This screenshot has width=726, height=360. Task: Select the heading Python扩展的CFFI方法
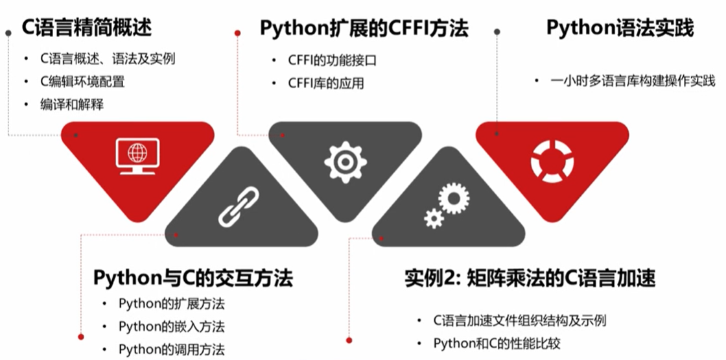[364, 29]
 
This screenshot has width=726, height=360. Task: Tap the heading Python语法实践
[620, 28]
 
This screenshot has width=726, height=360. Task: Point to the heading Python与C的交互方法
[193, 278]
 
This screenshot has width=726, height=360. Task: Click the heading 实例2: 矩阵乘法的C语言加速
[530, 278]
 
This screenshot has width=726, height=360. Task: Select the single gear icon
[345, 161]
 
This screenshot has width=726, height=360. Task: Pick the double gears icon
[446, 205]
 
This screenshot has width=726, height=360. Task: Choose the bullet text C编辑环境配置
[82, 82]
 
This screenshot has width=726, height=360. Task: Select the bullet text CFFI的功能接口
[333, 60]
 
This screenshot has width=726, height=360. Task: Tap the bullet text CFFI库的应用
[326, 83]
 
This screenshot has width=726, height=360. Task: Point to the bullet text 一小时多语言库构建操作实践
[633, 81]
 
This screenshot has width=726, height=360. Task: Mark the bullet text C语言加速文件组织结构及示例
[521, 320]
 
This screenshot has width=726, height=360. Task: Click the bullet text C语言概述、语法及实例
[108, 59]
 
